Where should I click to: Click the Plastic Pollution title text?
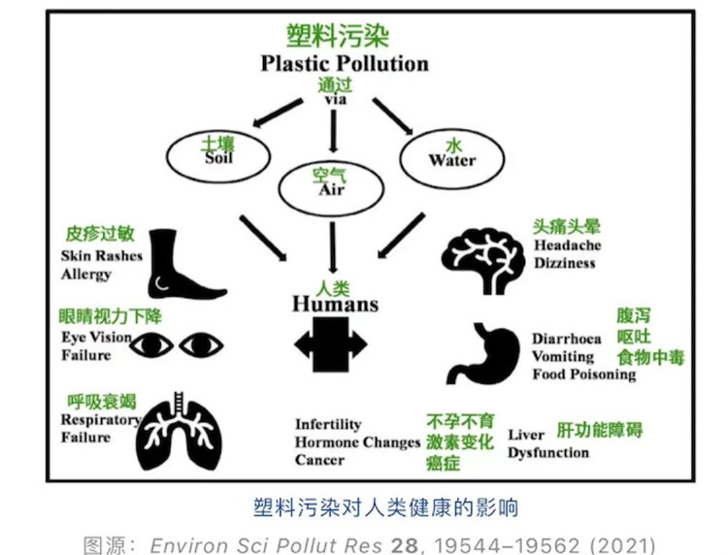click(344, 64)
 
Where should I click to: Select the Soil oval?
click(218, 152)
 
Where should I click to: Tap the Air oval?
click(332, 181)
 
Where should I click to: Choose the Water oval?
click(450, 152)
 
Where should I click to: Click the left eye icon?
click(152, 344)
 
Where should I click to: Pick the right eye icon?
click(201, 344)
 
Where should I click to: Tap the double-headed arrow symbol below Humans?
click(331, 343)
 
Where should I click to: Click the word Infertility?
click(328, 424)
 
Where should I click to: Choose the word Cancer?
click(319, 460)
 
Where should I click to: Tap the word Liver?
click(526, 435)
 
